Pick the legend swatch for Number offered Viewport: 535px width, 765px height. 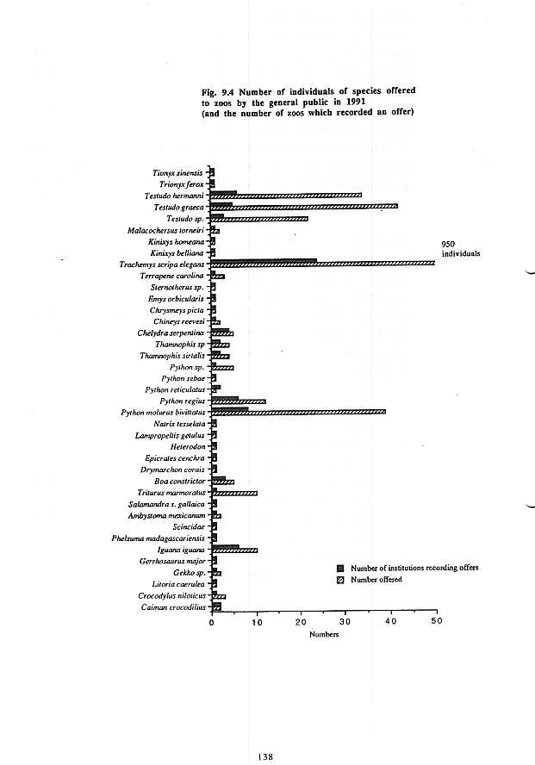[340, 580]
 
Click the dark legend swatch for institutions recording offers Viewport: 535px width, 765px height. [340, 569]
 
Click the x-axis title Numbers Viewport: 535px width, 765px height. [324, 635]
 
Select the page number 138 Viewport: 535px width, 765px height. [265, 756]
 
